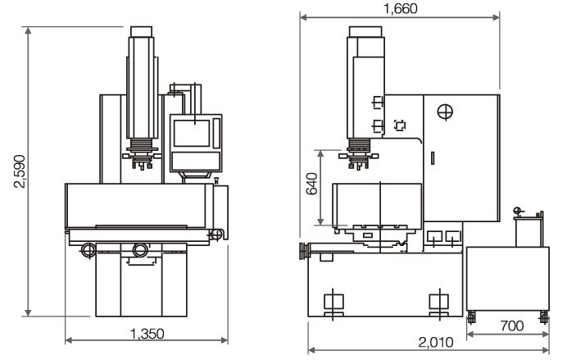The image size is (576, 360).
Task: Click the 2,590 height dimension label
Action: [20, 171]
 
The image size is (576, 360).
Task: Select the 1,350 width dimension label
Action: [147, 334]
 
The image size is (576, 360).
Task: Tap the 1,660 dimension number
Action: [401, 9]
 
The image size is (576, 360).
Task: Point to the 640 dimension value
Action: [312, 184]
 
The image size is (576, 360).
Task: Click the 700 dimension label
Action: [512, 326]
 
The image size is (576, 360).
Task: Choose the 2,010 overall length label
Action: [436, 343]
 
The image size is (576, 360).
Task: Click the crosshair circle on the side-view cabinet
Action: [445, 112]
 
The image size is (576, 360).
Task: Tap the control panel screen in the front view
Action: [192, 133]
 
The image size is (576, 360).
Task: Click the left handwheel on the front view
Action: [88, 250]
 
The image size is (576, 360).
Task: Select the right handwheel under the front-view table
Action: [140, 250]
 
